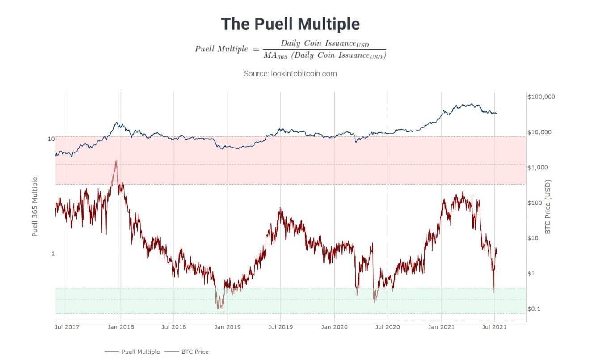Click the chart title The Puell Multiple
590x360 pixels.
click(290, 24)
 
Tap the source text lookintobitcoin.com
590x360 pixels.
click(290, 73)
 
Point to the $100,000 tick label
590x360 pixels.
click(541, 97)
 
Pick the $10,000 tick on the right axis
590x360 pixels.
click(540, 132)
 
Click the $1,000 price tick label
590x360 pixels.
click(538, 167)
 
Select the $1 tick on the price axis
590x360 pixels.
click(533, 274)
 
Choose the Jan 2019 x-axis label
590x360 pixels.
click(228, 327)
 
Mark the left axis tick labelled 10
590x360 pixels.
click(51, 139)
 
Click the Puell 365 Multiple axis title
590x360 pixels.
click(34, 206)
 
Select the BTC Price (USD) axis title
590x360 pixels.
click(548, 207)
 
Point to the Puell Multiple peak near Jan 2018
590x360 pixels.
click(116, 161)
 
